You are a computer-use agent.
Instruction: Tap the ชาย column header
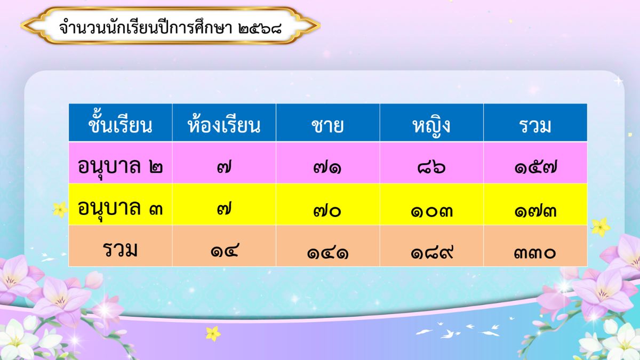(327, 126)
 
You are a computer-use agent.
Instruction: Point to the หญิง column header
(431, 126)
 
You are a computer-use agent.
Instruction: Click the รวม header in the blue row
(535, 126)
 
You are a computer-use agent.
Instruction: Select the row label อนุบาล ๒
(120, 166)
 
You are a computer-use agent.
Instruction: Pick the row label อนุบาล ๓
(120, 208)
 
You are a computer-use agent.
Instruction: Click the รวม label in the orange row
(120, 250)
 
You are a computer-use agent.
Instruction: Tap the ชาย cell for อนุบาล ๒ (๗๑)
(327, 167)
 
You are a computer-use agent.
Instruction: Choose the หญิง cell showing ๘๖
(431, 167)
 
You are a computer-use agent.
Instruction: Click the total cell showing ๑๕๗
(535, 167)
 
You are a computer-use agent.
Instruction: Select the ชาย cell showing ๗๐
(327, 211)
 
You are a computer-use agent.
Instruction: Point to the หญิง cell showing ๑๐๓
(431, 211)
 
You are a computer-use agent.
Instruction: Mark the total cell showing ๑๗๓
(535, 211)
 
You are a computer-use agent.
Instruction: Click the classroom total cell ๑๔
(225, 250)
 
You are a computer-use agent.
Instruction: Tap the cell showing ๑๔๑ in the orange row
(327, 253)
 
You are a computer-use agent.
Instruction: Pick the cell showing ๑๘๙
(431, 253)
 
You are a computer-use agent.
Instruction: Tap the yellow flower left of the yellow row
(60, 210)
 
